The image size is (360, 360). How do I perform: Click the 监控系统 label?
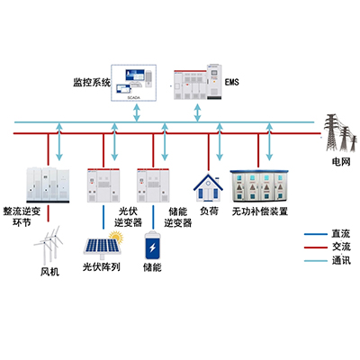(90, 82)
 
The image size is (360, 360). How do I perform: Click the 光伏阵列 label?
(99, 267)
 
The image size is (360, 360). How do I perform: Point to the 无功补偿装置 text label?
(260, 211)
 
